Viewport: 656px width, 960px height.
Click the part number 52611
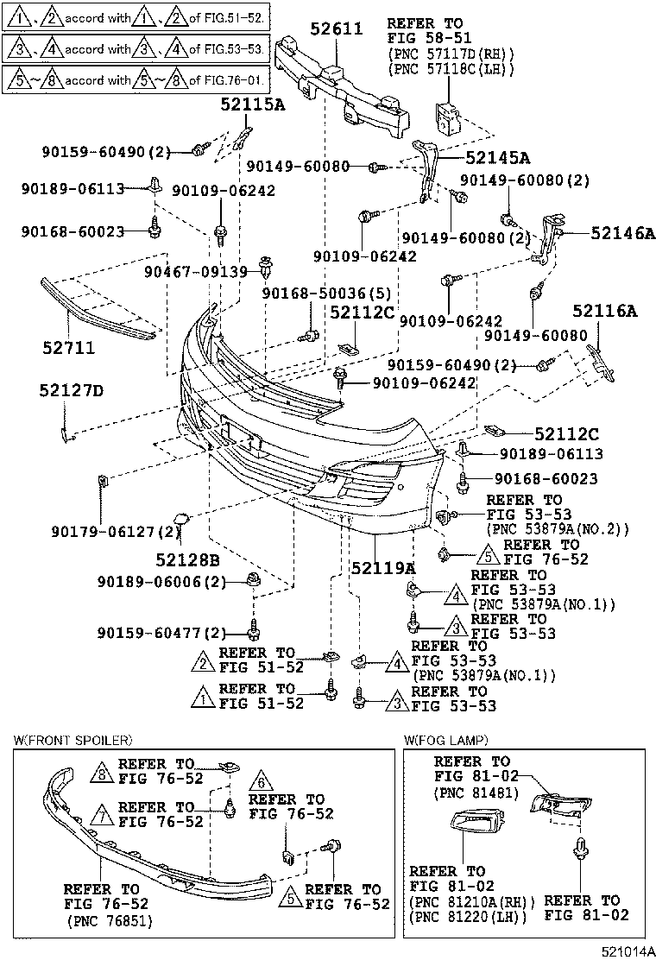coord(329,28)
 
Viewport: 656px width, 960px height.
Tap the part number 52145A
coord(497,157)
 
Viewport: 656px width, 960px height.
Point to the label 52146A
coord(623,232)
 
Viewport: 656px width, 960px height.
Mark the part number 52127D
coord(71,391)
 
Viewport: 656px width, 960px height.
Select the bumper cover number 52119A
coord(383,568)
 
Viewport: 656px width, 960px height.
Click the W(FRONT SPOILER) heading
coord(73,740)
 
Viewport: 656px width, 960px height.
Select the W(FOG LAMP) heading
coord(445,740)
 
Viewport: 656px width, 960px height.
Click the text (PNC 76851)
coord(109,920)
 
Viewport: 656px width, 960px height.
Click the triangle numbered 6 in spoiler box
coord(257,783)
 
